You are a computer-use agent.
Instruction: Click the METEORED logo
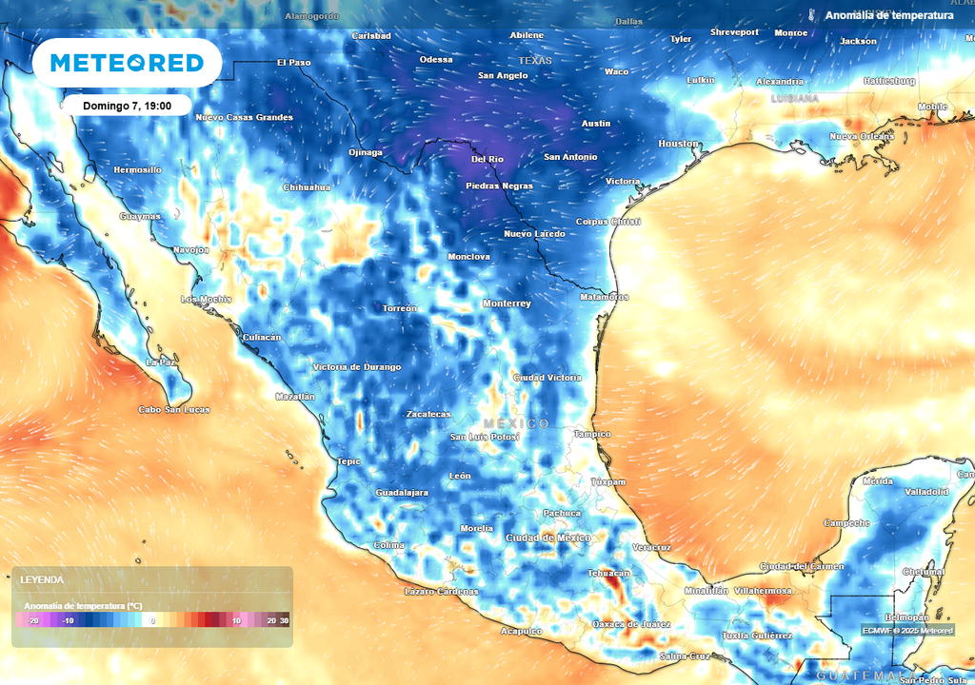pyautogui.click(x=127, y=63)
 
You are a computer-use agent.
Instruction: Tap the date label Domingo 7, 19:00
pyautogui.click(x=127, y=106)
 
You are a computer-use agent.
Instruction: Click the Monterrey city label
pyautogui.click(x=507, y=303)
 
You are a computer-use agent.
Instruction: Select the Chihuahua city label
pyautogui.click(x=307, y=187)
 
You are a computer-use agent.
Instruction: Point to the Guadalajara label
pyautogui.click(x=402, y=493)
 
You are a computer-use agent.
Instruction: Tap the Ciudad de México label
pyautogui.click(x=548, y=538)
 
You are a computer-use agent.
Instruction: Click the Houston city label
pyautogui.click(x=679, y=144)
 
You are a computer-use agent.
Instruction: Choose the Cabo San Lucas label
pyautogui.click(x=174, y=410)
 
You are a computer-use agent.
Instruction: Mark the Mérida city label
pyautogui.click(x=877, y=481)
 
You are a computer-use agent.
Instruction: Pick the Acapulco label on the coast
pyautogui.click(x=522, y=631)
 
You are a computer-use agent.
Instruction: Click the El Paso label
pyautogui.click(x=294, y=63)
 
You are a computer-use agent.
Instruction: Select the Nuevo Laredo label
pyautogui.click(x=535, y=234)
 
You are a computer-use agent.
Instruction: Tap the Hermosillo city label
pyautogui.click(x=137, y=169)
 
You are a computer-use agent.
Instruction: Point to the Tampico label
pyautogui.click(x=591, y=434)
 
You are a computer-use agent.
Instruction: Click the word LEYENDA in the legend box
pyautogui.click(x=42, y=579)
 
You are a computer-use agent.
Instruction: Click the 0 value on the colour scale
pyautogui.click(x=153, y=620)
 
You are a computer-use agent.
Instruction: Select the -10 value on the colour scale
pyautogui.click(x=68, y=620)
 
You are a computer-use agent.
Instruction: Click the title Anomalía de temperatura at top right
pyautogui.click(x=889, y=15)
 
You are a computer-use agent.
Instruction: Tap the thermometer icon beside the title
pyautogui.click(x=812, y=15)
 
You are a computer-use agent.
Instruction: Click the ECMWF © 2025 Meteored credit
pyautogui.click(x=907, y=630)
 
